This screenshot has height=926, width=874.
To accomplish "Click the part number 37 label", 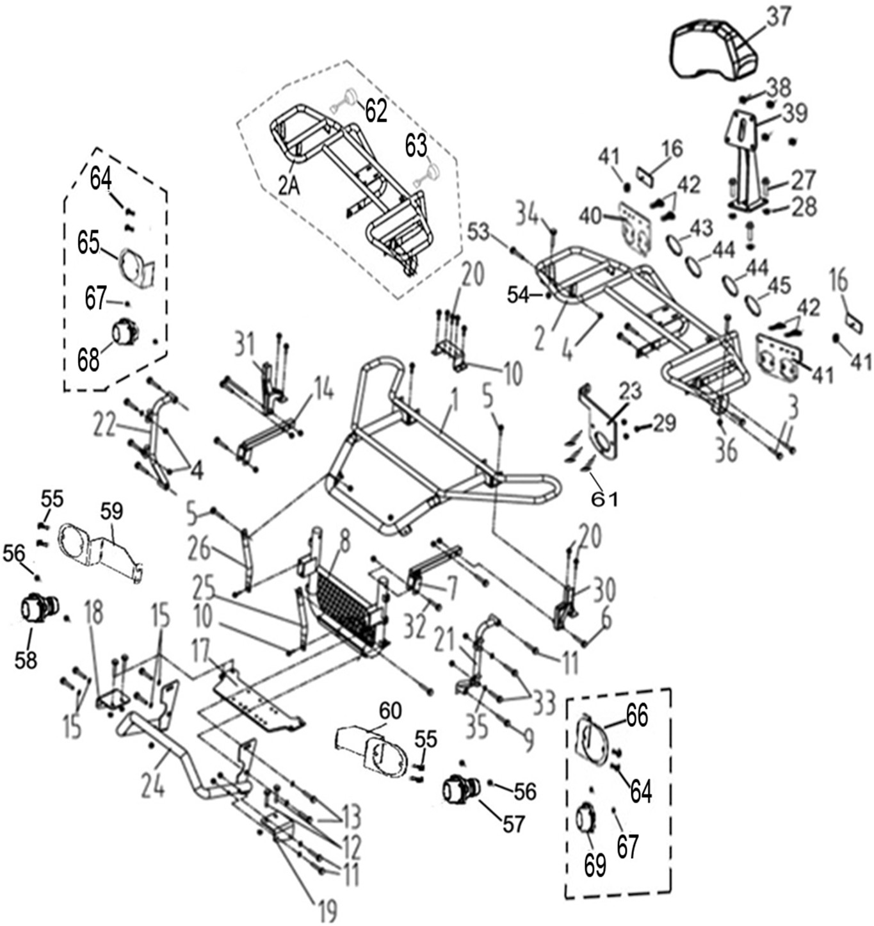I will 779,17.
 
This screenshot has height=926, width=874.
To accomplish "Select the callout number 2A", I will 289,186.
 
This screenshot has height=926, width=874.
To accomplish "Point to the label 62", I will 376,111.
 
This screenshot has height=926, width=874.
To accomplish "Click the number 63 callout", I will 416,147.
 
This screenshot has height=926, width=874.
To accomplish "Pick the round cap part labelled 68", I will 125,332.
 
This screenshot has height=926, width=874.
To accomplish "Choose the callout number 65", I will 88,243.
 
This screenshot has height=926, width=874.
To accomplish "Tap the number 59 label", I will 111,511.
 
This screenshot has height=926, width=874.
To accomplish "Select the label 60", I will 390,711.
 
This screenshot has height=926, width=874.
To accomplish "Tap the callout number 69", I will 595,866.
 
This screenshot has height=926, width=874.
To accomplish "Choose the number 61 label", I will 604,500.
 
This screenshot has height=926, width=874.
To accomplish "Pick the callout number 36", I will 726,451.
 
